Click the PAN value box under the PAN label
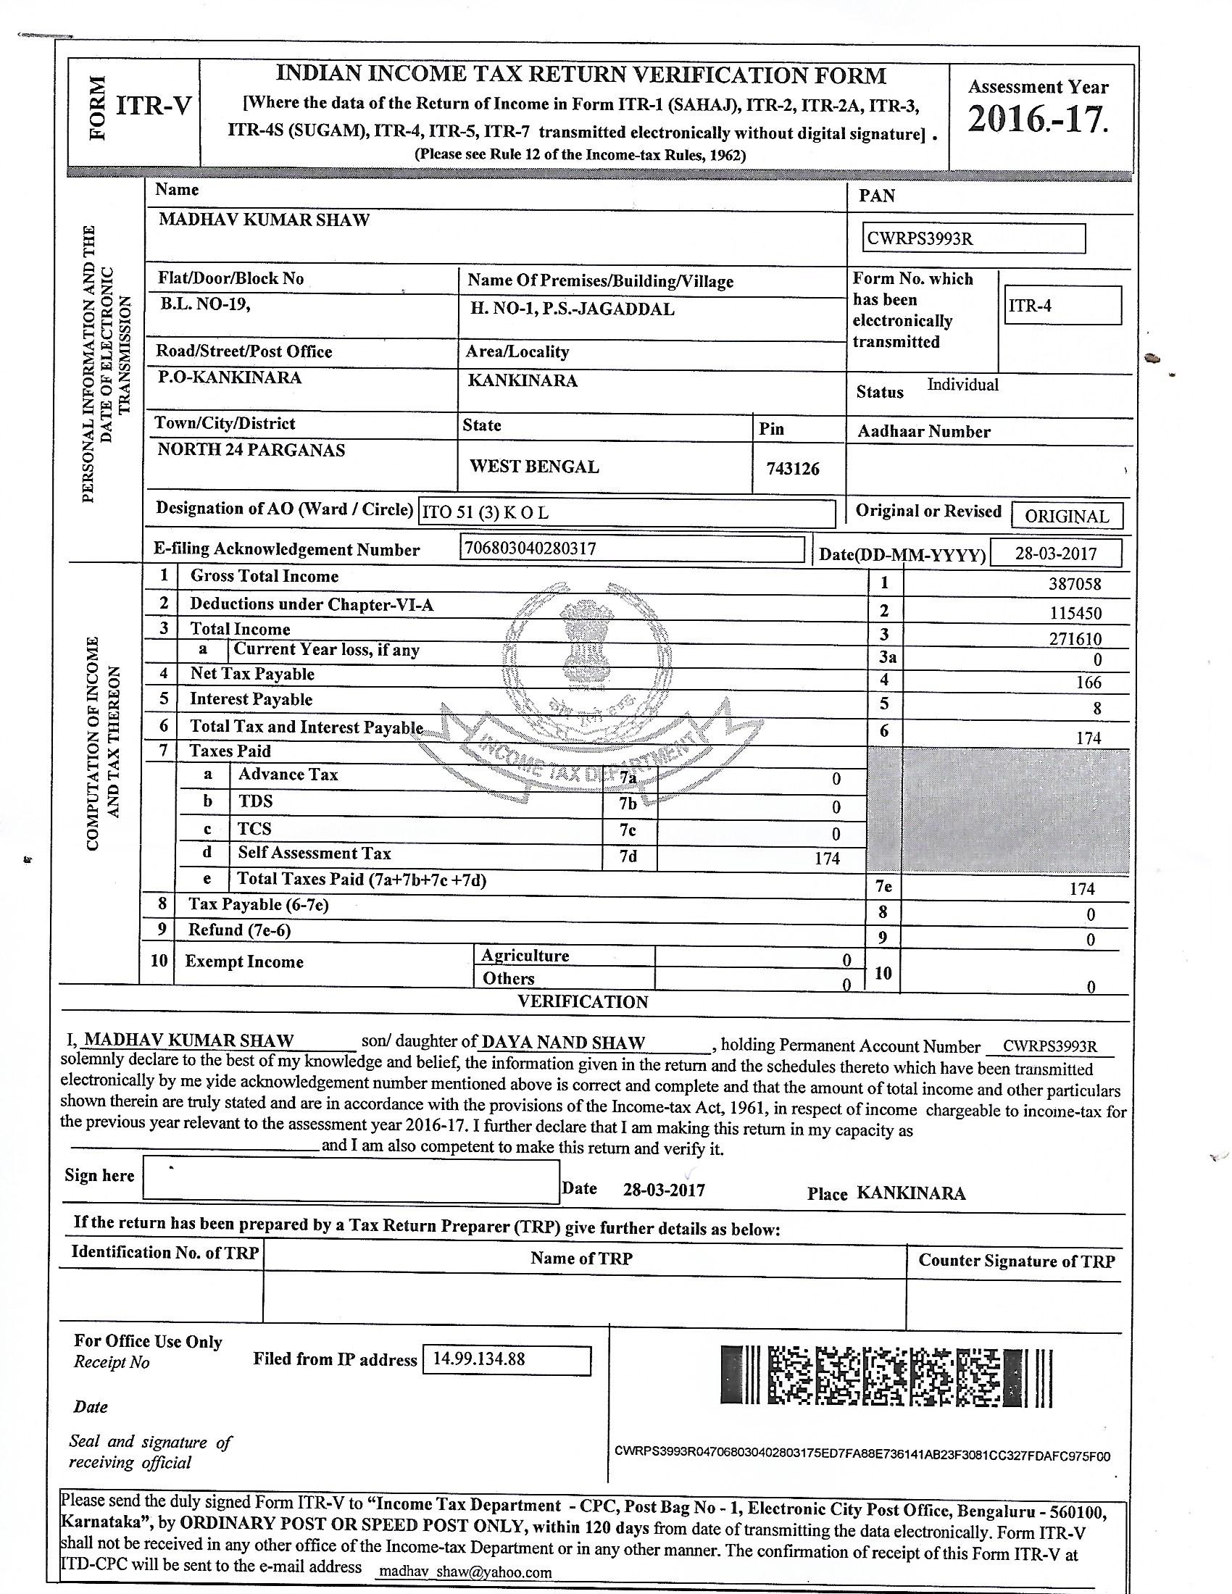pos(973,238)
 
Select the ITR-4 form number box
pos(1062,305)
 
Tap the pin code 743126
pos(793,469)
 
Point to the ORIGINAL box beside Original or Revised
pos(1066,516)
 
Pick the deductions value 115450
pos(1075,613)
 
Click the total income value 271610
pos(1075,639)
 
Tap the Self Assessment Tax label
pos(314,854)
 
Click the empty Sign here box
pos(350,1181)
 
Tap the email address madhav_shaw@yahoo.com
pos(465,1572)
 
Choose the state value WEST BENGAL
pos(534,467)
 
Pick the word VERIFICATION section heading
pos(583,1002)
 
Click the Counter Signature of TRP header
pos(1016,1261)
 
